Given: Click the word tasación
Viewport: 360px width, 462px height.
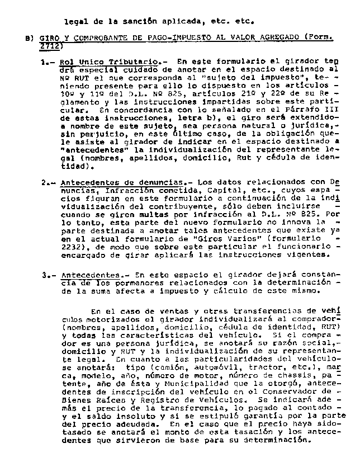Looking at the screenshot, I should click(x=244, y=432).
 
